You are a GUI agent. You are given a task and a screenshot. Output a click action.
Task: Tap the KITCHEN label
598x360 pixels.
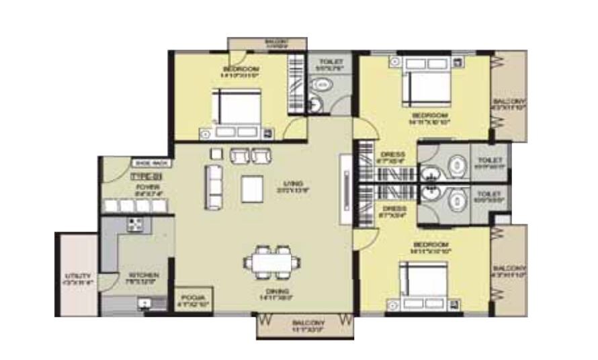(x=144, y=275)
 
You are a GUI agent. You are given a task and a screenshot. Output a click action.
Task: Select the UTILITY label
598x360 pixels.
(x=78, y=276)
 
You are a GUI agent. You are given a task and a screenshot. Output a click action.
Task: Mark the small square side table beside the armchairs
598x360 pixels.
(x=215, y=152)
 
